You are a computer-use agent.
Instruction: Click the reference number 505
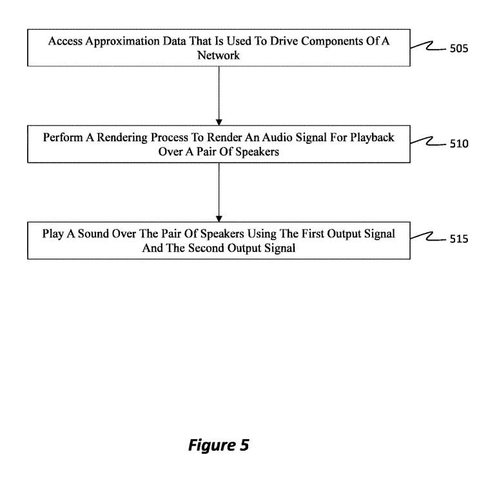[x=458, y=48]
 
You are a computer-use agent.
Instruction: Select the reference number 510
[x=458, y=144]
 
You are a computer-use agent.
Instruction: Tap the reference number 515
[x=458, y=240]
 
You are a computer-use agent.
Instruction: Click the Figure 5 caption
[x=218, y=446]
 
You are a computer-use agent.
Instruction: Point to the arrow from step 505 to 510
[x=219, y=95]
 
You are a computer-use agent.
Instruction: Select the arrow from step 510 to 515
[x=219, y=191]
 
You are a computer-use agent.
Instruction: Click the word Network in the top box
[x=219, y=55]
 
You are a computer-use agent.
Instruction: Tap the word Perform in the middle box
[x=63, y=138]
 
